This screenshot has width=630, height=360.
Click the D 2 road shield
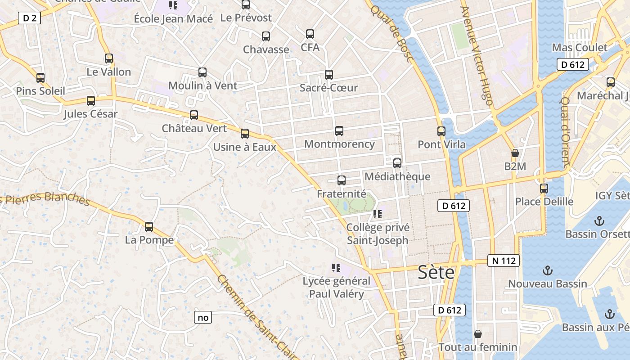click(30, 18)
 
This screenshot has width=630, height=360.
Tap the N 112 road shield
click(504, 261)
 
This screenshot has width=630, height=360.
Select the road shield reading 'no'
click(203, 317)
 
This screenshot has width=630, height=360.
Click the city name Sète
click(436, 272)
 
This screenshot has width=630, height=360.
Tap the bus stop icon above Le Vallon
click(108, 58)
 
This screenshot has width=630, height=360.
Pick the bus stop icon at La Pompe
click(149, 227)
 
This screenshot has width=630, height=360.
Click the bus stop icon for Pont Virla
click(441, 131)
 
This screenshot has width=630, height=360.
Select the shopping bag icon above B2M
click(515, 153)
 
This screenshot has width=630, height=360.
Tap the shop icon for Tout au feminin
click(478, 334)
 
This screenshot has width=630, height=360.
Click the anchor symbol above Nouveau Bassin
click(548, 270)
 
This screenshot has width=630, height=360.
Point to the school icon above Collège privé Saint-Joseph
click(377, 214)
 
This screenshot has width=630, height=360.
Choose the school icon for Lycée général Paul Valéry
click(336, 268)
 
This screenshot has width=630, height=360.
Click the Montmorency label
click(339, 144)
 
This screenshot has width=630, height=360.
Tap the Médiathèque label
click(397, 176)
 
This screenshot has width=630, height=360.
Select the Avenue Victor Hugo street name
click(477, 56)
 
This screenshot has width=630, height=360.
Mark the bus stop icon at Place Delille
click(544, 189)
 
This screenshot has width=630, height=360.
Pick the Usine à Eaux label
click(244, 147)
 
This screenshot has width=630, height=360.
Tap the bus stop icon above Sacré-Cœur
click(329, 75)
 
